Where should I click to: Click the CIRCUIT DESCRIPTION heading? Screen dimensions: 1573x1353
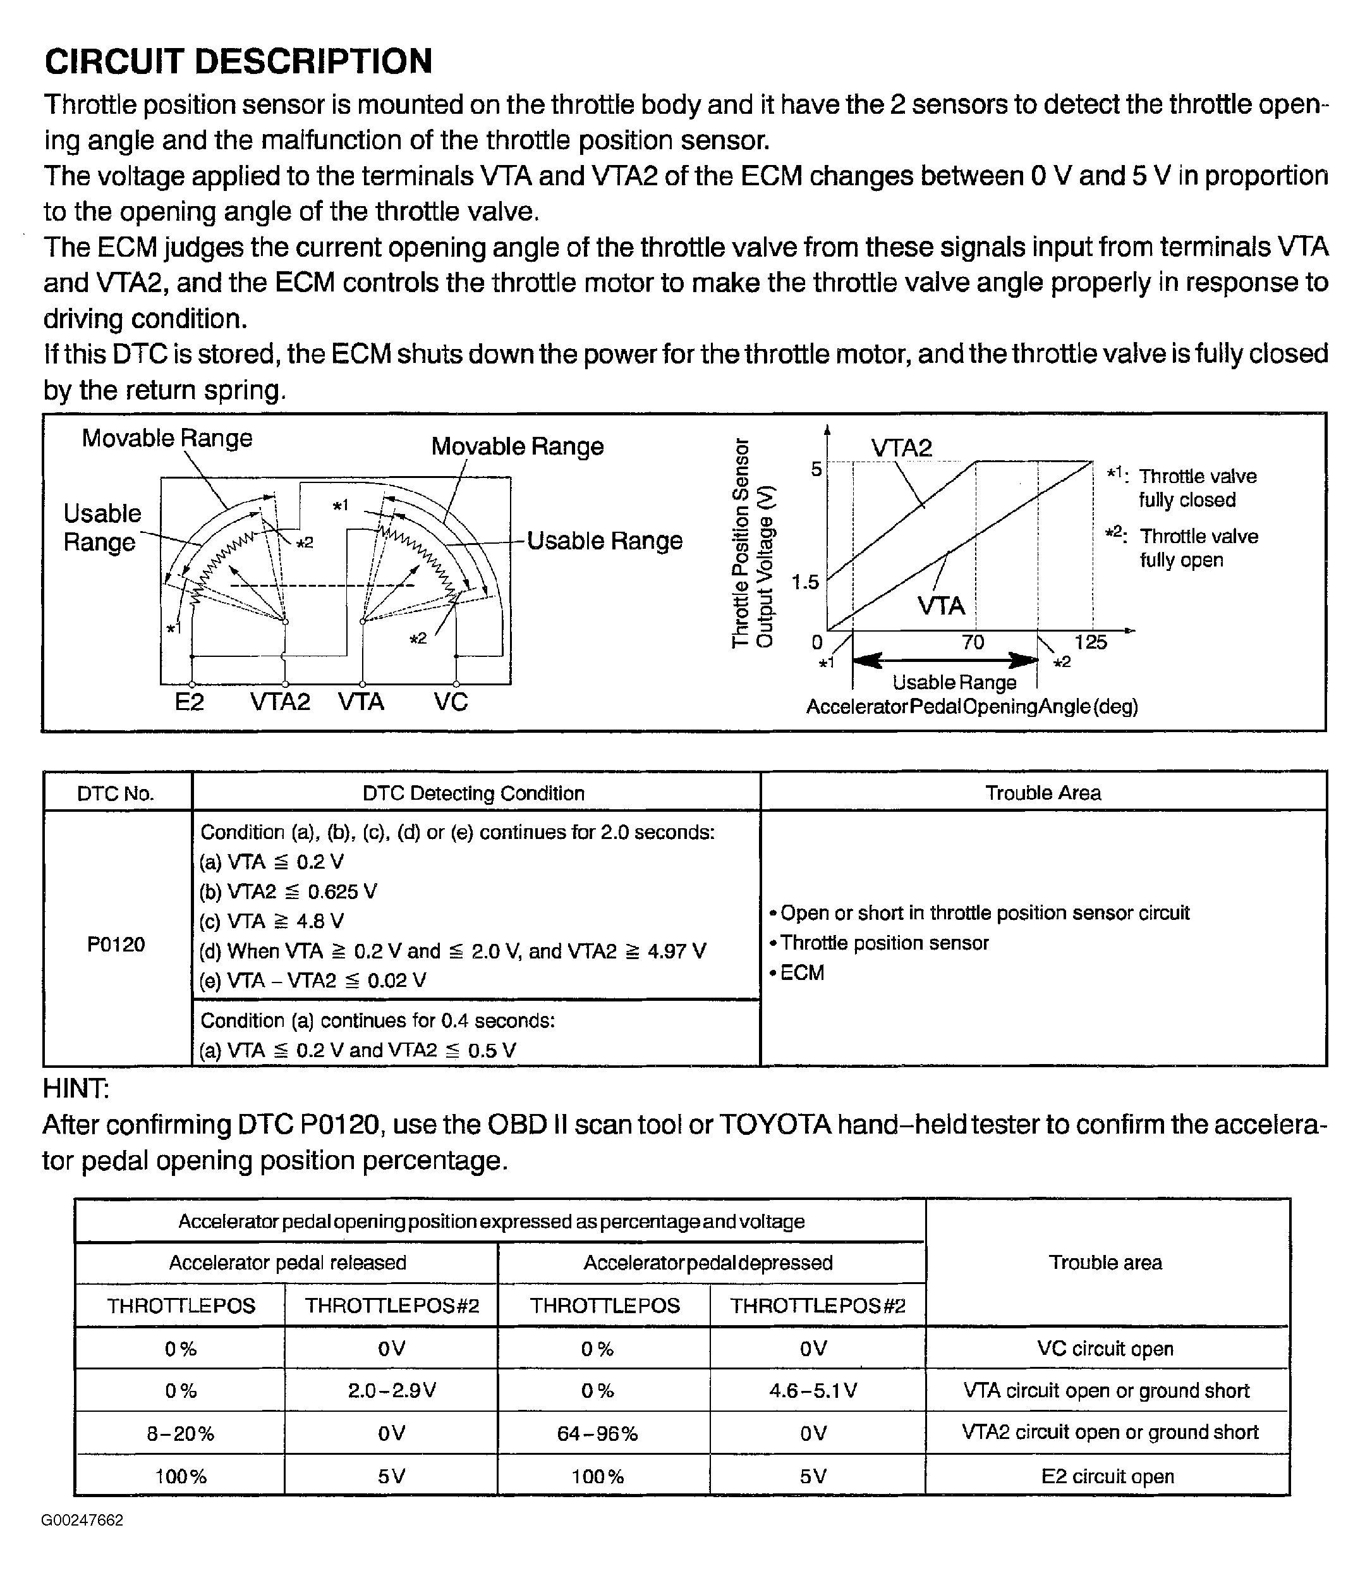click(x=238, y=61)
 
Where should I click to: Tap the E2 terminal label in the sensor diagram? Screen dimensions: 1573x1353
click(x=189, y=702)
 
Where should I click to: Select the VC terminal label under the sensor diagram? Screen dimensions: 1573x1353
click(x=451, y=702)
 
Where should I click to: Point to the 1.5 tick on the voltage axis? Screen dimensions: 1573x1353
click(x=805, y=582)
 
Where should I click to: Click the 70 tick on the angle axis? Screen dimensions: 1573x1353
click(x=973, y=642)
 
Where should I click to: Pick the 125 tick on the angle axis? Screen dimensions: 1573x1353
click(x=1091, y=642)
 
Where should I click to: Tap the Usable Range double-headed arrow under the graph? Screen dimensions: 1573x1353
click(x=945, y=659)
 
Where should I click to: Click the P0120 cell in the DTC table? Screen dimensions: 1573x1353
click(x=116, y=945)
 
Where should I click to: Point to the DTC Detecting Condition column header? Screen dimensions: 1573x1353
click(x=473, y=793)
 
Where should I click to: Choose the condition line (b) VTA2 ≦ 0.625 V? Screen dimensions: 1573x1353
click(x=288, y=891)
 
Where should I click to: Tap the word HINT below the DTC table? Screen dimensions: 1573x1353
click(x=76, y=1089)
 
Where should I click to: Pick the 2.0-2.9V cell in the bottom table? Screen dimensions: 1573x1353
click(x=392, y=1390)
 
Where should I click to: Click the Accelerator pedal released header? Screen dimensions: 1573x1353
click(x=287, y=1263)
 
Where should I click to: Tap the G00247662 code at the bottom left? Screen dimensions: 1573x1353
click(x=83, y=1520)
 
